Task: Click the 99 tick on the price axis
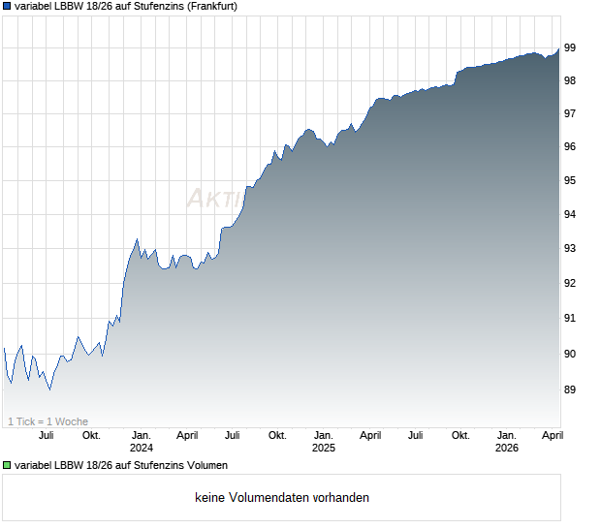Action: pyautogui.click(x=571, y=47)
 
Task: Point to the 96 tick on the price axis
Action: pyautogui.click(x=571, y=147)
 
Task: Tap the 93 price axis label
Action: pyautogui.click(x=571, y=249)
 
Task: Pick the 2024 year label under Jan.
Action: pyautogui.click(x=142, y=448)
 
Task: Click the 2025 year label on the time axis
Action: pyautogui.click(x=324, y=448)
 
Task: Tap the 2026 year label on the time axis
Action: pyautogui.click(x=507, y=448)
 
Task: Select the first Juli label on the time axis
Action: pyautogui.click(x=46, y=435)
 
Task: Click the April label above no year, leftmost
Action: pyautogui.click(x=188, y=435)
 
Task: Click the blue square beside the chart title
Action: pyautogui.click(x=8, y=6)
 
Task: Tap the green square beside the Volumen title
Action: pyautogui.click(x=8, y=466)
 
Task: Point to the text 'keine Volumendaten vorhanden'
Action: pyautogui.click(x=281, y=498)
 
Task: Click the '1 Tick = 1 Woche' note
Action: pyautogui.click(x=47, y=421)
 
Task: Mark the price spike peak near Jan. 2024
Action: pyautogui.click(x=137, y=238)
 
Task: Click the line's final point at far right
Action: pyautogui.click(x=558, y=49)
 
